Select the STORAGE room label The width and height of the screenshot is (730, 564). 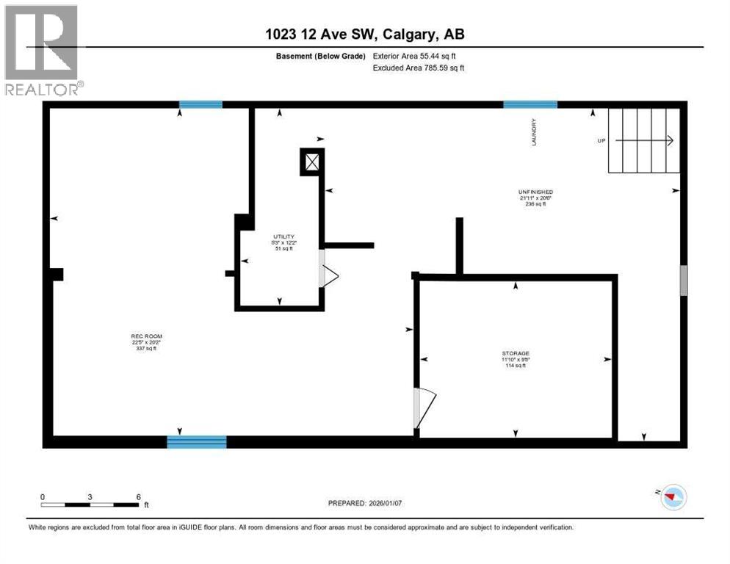516,353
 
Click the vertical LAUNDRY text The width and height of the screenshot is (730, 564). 535,132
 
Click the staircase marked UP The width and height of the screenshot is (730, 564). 643,140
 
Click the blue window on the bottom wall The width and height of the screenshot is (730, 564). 196,441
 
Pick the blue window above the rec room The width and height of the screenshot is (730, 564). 200,104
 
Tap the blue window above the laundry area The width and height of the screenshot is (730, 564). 530,104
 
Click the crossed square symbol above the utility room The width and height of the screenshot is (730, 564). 311,162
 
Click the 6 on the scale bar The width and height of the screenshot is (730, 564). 137,496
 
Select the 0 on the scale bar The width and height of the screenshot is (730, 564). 43,496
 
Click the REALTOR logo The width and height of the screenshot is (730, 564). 42,49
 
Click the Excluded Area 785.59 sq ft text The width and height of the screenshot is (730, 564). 419,68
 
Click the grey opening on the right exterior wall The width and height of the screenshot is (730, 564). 683,280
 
